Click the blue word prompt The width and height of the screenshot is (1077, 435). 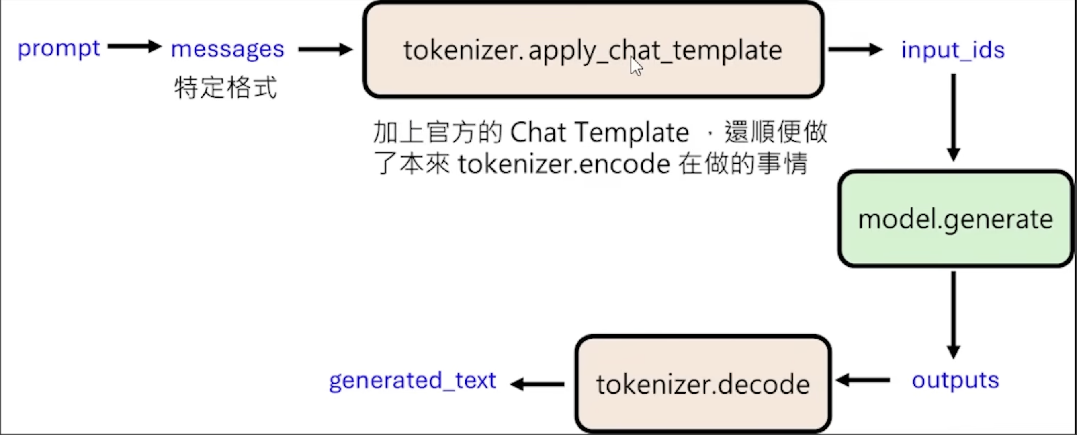59,49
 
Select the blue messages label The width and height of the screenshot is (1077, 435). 227,50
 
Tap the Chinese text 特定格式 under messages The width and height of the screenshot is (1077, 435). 225,88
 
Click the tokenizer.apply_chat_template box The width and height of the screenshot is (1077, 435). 593,50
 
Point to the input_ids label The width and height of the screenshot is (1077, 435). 953,51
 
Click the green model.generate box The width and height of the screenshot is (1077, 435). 955,219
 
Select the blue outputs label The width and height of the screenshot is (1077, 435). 955,381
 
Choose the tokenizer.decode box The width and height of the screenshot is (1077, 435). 703,384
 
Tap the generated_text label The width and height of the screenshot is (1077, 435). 412,381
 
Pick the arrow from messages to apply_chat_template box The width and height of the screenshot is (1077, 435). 325,50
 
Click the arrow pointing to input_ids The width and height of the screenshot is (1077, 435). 855,50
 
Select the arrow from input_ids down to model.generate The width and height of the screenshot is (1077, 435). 953,117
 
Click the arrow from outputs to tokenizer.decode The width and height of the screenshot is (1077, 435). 863,380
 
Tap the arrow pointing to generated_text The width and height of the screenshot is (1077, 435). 538,384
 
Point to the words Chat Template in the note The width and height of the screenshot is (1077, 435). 599,133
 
